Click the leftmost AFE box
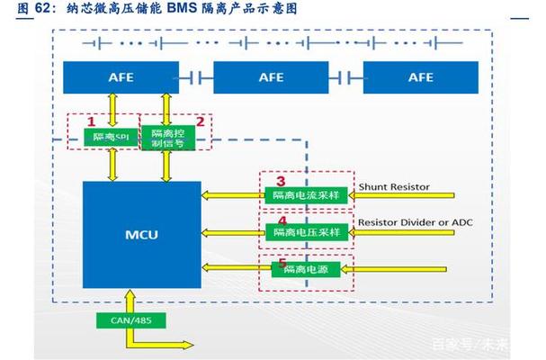point(121,77)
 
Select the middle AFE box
point(271,77)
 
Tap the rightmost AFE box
point(420,77)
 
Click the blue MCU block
point(142,234)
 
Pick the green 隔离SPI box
point(109,138)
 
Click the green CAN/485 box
point(120,319)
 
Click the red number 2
point(200,120)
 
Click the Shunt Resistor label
point(394,186)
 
